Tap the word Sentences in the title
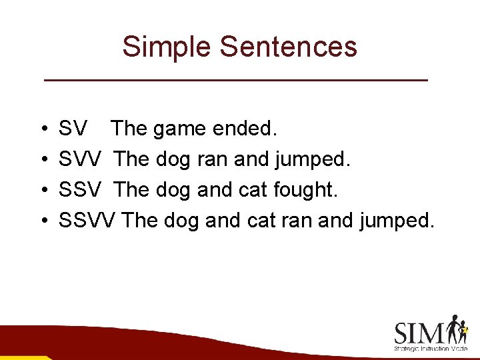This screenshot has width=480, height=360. pyautogui.click(x=288, y=47)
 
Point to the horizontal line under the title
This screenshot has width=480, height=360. pyautogui.click(x=235, y=80)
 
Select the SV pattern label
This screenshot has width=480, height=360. pyautogui.click(x=73, y=128)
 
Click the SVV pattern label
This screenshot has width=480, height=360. pyautogui.click(x=81, y=159)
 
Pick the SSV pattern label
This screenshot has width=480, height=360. pyautogui.click(x=81, y=190)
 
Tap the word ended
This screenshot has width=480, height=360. pyautogui.click(x=244, y=128)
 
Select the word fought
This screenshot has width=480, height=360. pyautogui.click(x=305, y=190)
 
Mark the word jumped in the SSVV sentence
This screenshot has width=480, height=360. pyautogui.click(x=397, y=220)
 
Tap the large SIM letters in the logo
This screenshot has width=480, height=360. pyautogui.click(x=420, y=332)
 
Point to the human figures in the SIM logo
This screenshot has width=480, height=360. pyautogui.click(x=458, y=329)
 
